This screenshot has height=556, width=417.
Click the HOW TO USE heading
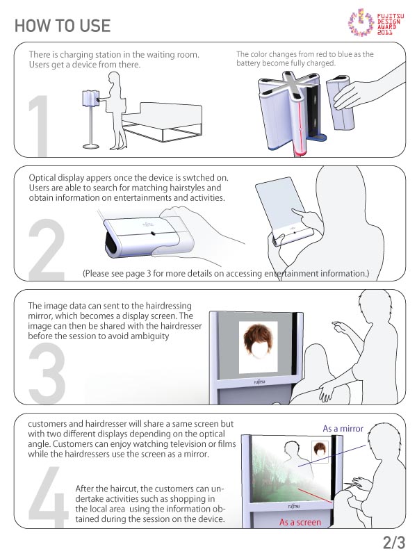tap(63, 26)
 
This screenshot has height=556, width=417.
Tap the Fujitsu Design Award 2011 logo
tap(376, 23)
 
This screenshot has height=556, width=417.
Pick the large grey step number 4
tap(48, 496)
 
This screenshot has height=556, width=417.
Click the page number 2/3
tap(393, 543)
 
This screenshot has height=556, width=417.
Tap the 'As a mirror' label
tap(343, 428)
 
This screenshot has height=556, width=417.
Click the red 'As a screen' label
tap(300, 522)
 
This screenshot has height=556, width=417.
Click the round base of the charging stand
tap(91, 146)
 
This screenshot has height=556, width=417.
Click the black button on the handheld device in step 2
tap(153, 233)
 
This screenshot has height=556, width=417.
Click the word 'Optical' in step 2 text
tap(42, 178)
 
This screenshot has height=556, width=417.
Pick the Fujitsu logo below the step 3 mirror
tap(259, 382)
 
